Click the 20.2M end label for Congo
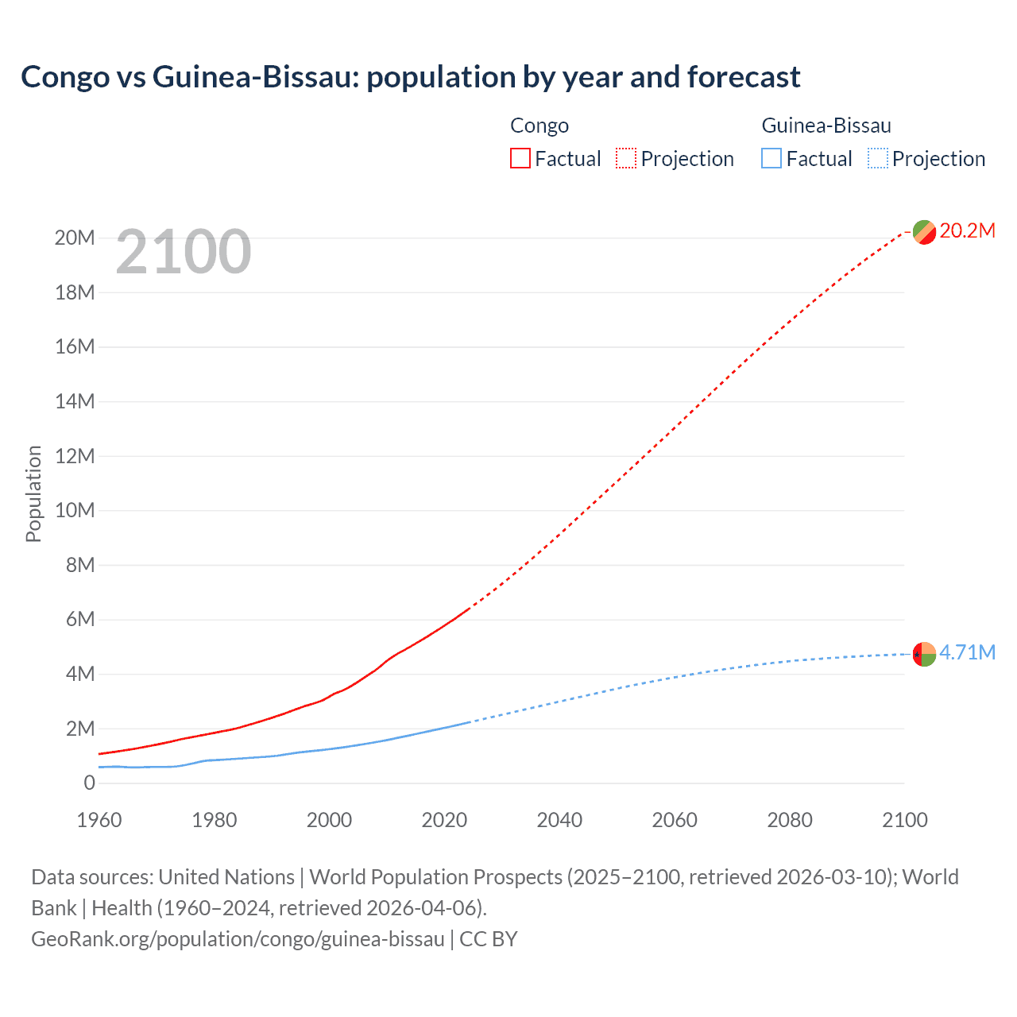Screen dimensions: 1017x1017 [x=967, y=231]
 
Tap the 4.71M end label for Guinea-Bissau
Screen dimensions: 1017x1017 [x=967, y=653]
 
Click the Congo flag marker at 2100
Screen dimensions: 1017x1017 [x=924, y=232]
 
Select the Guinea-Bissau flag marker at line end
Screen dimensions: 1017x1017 [x=924, y=654]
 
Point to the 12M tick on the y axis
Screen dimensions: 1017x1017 [x=75, y=456]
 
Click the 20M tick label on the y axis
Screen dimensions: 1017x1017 [x=75, y=238]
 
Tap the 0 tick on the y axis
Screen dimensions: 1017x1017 [x=89, y=783]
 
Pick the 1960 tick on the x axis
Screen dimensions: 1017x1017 [x=99, y=820]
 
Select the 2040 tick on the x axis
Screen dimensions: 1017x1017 [x=559, y=820]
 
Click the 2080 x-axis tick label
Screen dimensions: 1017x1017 [x=790, y=820]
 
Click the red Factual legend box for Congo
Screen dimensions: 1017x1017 [x=520, y=159]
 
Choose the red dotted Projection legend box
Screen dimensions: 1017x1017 [x=626, y=159]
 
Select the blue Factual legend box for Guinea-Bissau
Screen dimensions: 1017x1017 [x=771, y=159]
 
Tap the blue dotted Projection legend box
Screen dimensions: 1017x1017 [x=877, y=159]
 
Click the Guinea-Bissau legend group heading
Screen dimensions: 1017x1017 [x=826, y=126]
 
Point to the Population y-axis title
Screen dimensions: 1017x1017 [x=33, y=493]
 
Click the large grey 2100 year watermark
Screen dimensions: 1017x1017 [x=184, y=253]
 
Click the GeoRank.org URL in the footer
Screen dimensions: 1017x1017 [x=238, y=939]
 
